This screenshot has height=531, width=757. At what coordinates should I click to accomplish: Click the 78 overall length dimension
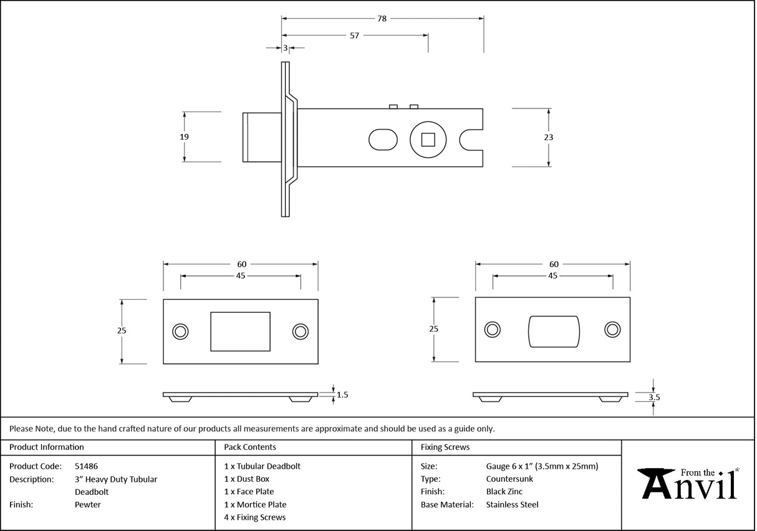(x=382, y=19)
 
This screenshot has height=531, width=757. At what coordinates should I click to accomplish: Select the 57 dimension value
(x=354, y=36)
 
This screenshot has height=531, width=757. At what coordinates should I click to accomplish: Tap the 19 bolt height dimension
(x=184, y=137)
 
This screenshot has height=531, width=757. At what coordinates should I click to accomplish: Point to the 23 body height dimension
(x=549, y=137)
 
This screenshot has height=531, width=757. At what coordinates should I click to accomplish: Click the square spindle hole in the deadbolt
(x=428, y=139)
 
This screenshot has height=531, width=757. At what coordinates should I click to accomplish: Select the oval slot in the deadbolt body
(x=383, y=139)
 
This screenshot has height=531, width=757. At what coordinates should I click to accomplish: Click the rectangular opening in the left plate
(x=241, y=332)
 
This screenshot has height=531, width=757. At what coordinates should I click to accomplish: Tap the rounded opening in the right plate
(x=554, y=330)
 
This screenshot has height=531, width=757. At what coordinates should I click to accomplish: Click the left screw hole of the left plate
(x=181, y=332)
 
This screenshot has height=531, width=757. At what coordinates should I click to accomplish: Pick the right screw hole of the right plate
(x=612, y=330)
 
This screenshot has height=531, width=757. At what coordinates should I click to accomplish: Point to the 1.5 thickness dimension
(x=342, y=395)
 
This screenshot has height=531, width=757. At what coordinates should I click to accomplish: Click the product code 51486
(x=86, y=466)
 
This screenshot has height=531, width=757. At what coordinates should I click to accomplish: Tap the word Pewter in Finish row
(x=87, y=505)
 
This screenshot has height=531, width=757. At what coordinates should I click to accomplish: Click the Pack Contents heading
(x=250, y=447)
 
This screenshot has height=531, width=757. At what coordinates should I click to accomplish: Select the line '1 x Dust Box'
(x=247, y=479)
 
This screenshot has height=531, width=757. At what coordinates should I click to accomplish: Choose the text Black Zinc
(x=504, y=492)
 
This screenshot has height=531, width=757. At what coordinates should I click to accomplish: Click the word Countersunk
(x=509, y=479)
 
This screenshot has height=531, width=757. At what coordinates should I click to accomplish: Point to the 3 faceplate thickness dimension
(x=285, y=47)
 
